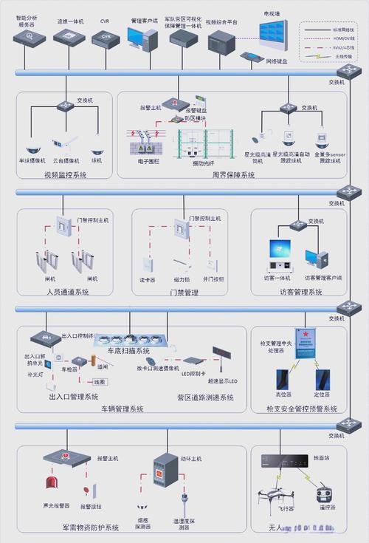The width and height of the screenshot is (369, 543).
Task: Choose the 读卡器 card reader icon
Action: pyautogui.click(x=146, y=264)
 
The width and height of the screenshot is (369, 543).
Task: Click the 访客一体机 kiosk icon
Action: pyautogui.click(x=279, y=255)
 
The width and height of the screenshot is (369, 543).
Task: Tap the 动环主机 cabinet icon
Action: pyautogui.click(x=162, y=473)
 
